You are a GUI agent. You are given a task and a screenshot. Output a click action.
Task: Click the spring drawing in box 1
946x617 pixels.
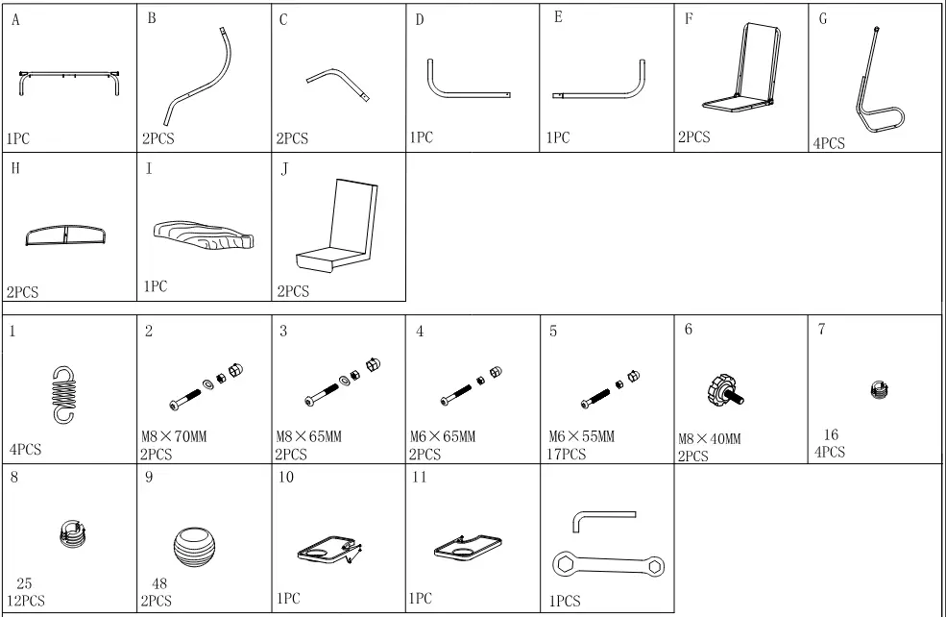tap(62, 393)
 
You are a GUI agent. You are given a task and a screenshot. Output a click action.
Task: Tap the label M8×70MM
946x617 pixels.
tap(174, 437)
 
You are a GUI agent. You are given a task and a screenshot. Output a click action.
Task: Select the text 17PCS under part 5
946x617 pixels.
tap(567, 454)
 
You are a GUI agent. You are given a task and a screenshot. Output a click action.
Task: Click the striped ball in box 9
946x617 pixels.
tap(197, 551)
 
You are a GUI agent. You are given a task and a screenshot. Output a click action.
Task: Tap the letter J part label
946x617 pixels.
tap(284, 170)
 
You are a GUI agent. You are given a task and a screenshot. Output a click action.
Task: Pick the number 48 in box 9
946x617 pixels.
tap(160, 583)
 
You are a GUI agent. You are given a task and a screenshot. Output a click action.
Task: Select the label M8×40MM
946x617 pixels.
tap(710, 439)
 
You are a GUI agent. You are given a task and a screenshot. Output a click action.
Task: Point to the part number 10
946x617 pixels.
tap(287, 478)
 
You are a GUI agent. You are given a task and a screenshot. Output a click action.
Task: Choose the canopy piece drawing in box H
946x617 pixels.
tap(66, 235)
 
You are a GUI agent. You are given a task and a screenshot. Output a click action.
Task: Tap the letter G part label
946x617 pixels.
tap(823, 20)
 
